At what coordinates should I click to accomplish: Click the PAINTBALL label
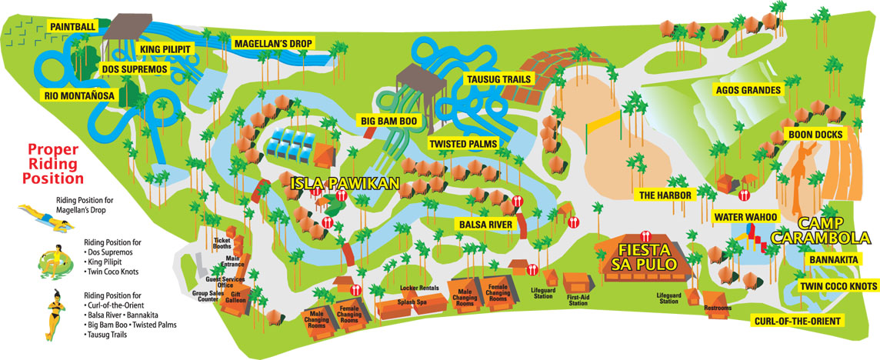pyautogui.click(x=72, y=27)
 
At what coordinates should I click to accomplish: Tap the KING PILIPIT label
pyautogui.click(x=165, y=50)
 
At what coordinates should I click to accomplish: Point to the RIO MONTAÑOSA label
pyautogui.click(x=78, y=95)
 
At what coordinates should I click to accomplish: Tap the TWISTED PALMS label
pyautogui.click(x=462, y=144)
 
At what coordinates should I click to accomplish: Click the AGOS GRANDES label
pyautogui.click(x=748, y=90)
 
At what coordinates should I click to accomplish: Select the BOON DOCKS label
pyautogui.click(x=815, y=135)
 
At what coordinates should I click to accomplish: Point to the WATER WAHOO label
pyautogui.click(x=745, y=217)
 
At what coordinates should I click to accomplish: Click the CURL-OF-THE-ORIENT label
pyautogui.click(x=795, y=320)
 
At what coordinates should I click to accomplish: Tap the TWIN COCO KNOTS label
pyautogui.click(x=837, y=286)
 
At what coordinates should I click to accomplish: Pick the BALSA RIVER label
pyautogui.click(x=485, y=225)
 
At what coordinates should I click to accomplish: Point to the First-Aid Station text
pyautogui.click(x=578, y=302)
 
